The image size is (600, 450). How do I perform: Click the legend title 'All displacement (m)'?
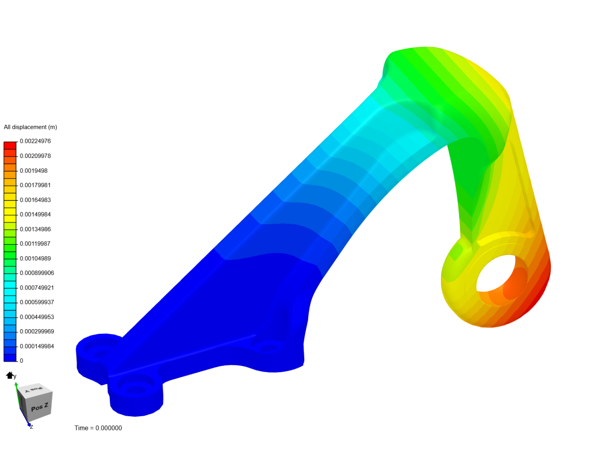pyautogui.click(x=30, y=127)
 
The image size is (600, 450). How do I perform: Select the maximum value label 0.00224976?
pyautogui.click(x=35, y=141)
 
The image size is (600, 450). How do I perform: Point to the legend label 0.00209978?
pyautogui.click(x=35, y=156)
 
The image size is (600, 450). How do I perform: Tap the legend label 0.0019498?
pyautogui.click(x=34, y=171)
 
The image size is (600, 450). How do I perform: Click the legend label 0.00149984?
pyautogui.click(x=35, y=215)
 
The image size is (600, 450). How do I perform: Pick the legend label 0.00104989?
pyautogui.click(x=35, y=258)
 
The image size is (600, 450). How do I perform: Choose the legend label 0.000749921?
pyautogui.click(x=37, y=288)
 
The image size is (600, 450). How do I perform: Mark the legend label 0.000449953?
pyautogui.click(x=37, y=317)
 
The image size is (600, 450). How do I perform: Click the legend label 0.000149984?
pyautogui.click(x=37, y=346)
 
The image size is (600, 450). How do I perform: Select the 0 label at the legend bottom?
pyautogui.click(x=22, y=361)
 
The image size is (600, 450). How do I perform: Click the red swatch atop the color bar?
pyautogui.click(x=10, y=145)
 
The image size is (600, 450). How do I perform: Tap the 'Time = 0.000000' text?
pyautogui.click(x=98, y=428)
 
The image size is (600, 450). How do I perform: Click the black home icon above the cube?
pyautogui.click(x=10, y=375)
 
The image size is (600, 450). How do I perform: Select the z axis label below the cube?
pyautogui.click(x=31, y=427)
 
